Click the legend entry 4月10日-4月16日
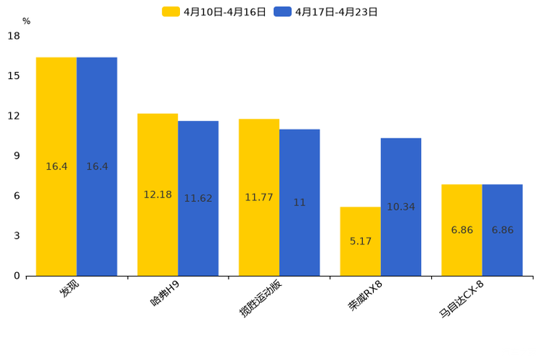pyautogui.click(x=214, y=12)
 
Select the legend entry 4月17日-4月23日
pyautogui.click(x=326, y=12)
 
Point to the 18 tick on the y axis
pyautogui.click(x=14, y=36)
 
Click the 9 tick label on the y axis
pyautogui.click(x=17, y=156)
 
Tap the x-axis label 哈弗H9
pyautogui.click(x=165, y=294)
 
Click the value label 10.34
pyautogui.click(x=401, y=207)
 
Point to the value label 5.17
pyautogui.click(x=361, y=241)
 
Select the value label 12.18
pyautogui.click(x=157, y=195)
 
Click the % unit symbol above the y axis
pyautogui.click(x=26, y=21)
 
